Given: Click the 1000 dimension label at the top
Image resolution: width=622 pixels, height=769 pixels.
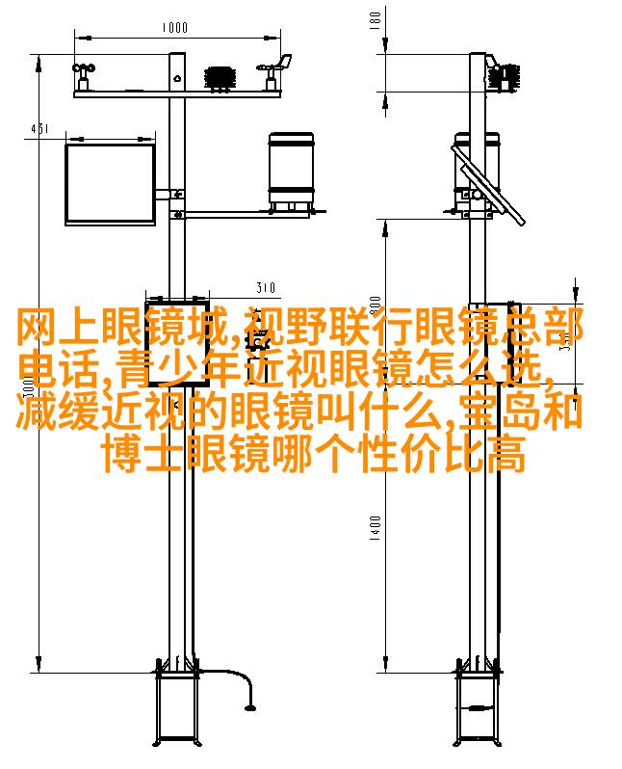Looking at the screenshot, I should tap(175, 28).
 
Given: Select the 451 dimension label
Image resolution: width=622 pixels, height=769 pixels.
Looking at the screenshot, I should tap(39, 128).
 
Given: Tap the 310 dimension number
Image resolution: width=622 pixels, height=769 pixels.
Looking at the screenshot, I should tap(266, 287).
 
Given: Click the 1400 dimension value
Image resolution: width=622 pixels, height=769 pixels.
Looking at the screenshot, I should tap(376, 529).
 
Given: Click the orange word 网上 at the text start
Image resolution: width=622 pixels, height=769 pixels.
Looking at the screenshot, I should tap(47, 331).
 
